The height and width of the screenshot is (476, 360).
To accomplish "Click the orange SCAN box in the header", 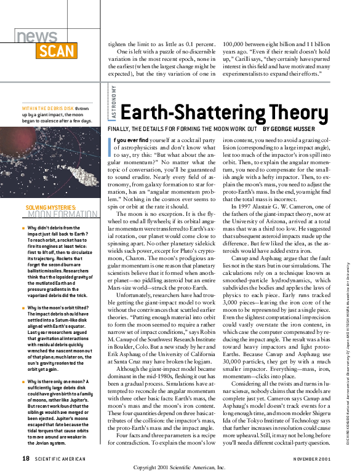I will click(x=57, y=51).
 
